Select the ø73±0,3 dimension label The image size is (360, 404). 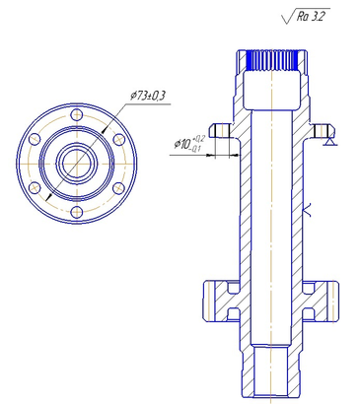148,97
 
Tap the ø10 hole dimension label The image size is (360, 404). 189,144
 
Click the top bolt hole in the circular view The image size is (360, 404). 77,114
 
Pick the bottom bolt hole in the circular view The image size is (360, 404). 77,212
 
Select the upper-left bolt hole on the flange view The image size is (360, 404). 35,139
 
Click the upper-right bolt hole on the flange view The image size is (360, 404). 119,139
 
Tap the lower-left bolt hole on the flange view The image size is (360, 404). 35,188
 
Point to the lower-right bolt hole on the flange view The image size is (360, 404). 119,188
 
